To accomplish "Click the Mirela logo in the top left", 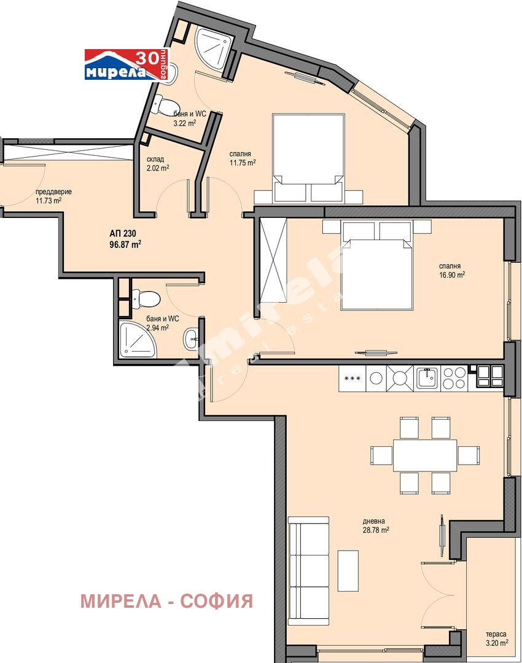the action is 126,64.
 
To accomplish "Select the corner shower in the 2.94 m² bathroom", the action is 138,339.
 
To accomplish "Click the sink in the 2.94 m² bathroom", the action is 191,339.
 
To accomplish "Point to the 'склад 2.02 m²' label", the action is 158,164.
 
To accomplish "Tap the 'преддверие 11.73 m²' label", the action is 53,196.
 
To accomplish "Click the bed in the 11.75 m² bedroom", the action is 308,158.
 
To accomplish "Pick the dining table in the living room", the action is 425,456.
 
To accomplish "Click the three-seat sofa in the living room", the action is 308,570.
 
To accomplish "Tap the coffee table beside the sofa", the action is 348,570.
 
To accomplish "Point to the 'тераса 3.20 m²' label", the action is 497,639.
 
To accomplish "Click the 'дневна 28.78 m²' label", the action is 376,525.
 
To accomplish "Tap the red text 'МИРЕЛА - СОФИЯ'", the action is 166,601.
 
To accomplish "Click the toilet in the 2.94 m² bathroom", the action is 146,298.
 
